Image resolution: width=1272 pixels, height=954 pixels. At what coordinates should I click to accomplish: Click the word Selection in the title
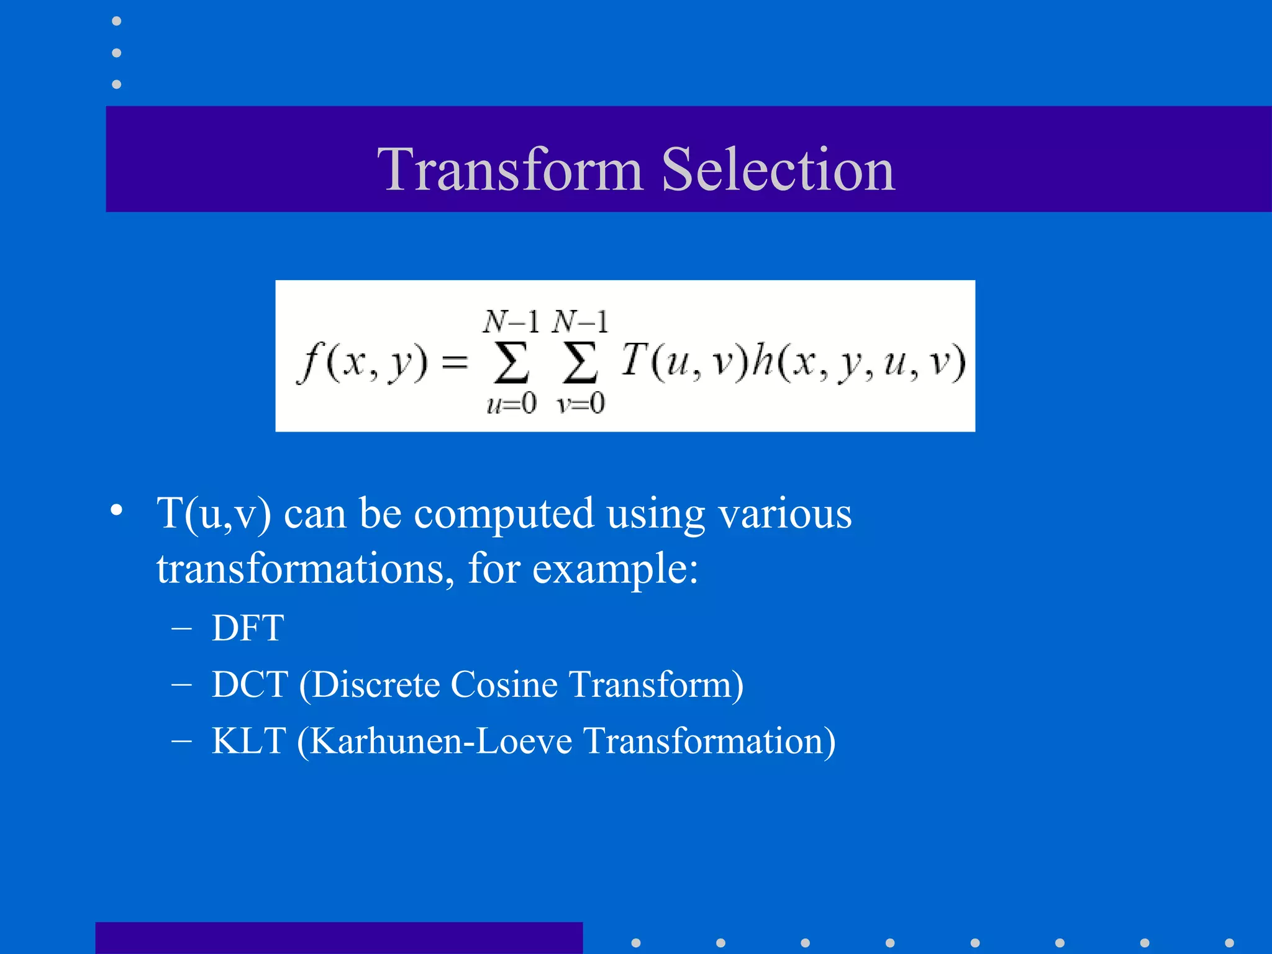[x=778, y=169]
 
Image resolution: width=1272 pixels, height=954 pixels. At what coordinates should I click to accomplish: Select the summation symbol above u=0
[x=511, y=363]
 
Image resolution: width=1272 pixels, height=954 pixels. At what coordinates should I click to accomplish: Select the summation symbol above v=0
[x=580, y=363]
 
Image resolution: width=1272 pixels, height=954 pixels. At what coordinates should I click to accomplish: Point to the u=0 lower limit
[x=511, y=404]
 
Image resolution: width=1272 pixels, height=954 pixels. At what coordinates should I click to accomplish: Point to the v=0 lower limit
[x=580, y=404]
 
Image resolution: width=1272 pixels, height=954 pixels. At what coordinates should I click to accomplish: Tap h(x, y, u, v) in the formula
[x=858, y=363]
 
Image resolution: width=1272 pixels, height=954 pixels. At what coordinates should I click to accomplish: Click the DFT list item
[x=247, y=628]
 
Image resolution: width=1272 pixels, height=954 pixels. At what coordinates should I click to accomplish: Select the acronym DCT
[x=250, y=684]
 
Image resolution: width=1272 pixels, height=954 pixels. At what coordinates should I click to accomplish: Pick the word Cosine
[x=504, y=684]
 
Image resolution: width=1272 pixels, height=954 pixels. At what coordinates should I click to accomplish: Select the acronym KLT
[x=248, y=741]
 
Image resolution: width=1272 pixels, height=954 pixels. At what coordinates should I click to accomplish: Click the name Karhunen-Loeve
[x=440, y=741]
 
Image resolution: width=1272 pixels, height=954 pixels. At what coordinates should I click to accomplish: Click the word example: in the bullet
[x=615, y=569]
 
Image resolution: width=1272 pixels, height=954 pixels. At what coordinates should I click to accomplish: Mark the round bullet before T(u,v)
[x=116, y=511]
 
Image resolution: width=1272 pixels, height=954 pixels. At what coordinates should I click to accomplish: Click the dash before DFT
[x=181, y=628]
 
